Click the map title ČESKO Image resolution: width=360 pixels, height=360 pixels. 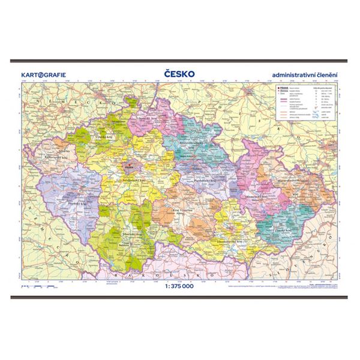click(x=179, y=74)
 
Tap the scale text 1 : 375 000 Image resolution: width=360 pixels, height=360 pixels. click(x=179, y=285)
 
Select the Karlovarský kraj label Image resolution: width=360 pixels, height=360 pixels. click(x=55, y=157)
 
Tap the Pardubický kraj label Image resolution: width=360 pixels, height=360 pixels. click(x=207, y=179)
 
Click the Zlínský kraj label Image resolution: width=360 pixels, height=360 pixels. click(x=285, y=231)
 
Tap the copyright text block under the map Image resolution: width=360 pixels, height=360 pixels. click(x=297, y=288)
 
